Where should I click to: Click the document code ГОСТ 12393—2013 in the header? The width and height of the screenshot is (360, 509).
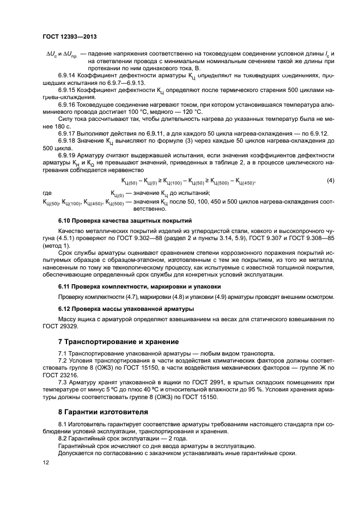pyautogui.click(x=69, y=36)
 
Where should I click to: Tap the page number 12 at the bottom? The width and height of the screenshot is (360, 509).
pyautogui.click(x=46, y=462)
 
